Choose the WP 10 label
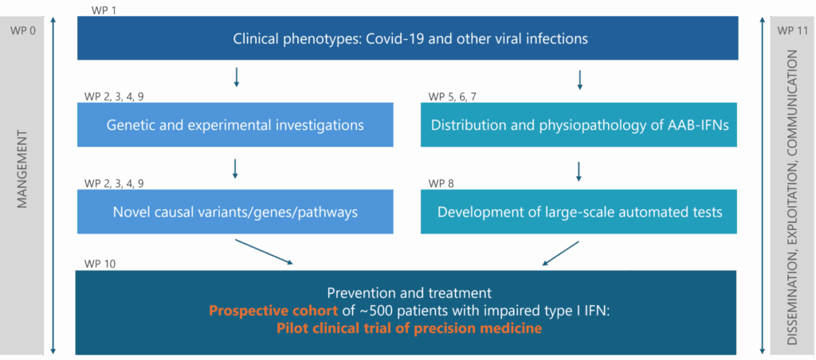100,264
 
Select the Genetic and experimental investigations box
235,125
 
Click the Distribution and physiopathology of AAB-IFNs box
579,125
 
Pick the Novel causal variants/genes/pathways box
235,212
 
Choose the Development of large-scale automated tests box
579,212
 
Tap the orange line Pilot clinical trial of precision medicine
409,327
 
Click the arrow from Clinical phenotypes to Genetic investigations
236,78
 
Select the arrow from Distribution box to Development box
579,171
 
